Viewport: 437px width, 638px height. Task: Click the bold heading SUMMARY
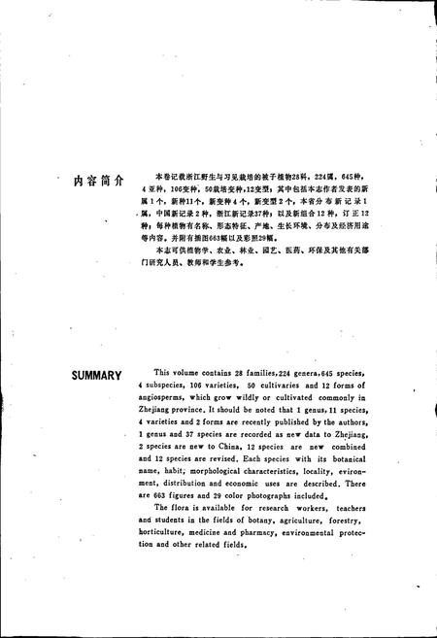pyautogui.click(x=95, y=374)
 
